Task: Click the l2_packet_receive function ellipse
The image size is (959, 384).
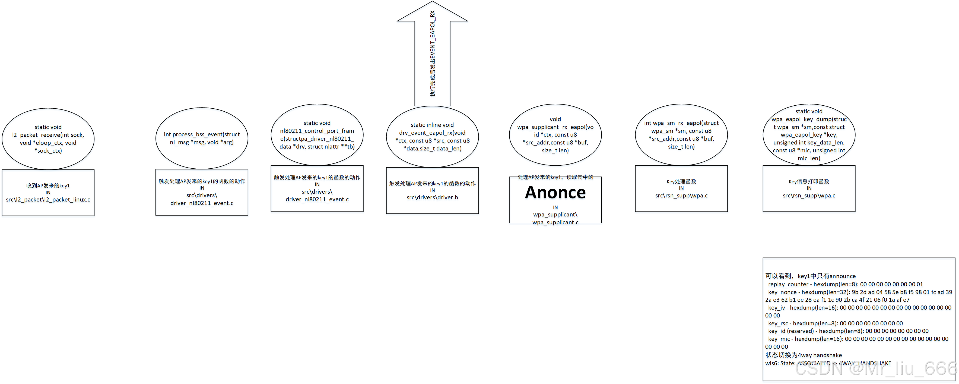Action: (48, 139)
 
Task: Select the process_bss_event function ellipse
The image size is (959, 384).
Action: (202, 138)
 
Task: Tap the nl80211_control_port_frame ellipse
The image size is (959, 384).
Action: (317, 134)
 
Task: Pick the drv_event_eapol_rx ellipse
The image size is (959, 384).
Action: (432, 136)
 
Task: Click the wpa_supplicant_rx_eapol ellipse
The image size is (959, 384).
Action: (555, 134)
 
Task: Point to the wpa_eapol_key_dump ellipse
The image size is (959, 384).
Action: (809, 134)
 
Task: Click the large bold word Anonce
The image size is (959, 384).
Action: (555, 193)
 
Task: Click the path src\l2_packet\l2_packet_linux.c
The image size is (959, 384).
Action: (48, 200)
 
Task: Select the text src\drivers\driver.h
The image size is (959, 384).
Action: (432, 197)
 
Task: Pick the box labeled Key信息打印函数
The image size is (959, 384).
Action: (809, 188)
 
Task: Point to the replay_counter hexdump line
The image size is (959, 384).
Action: (845, 284)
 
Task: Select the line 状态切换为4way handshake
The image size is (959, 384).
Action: (804, 355)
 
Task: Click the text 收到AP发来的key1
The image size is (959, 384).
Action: (48, 185)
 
